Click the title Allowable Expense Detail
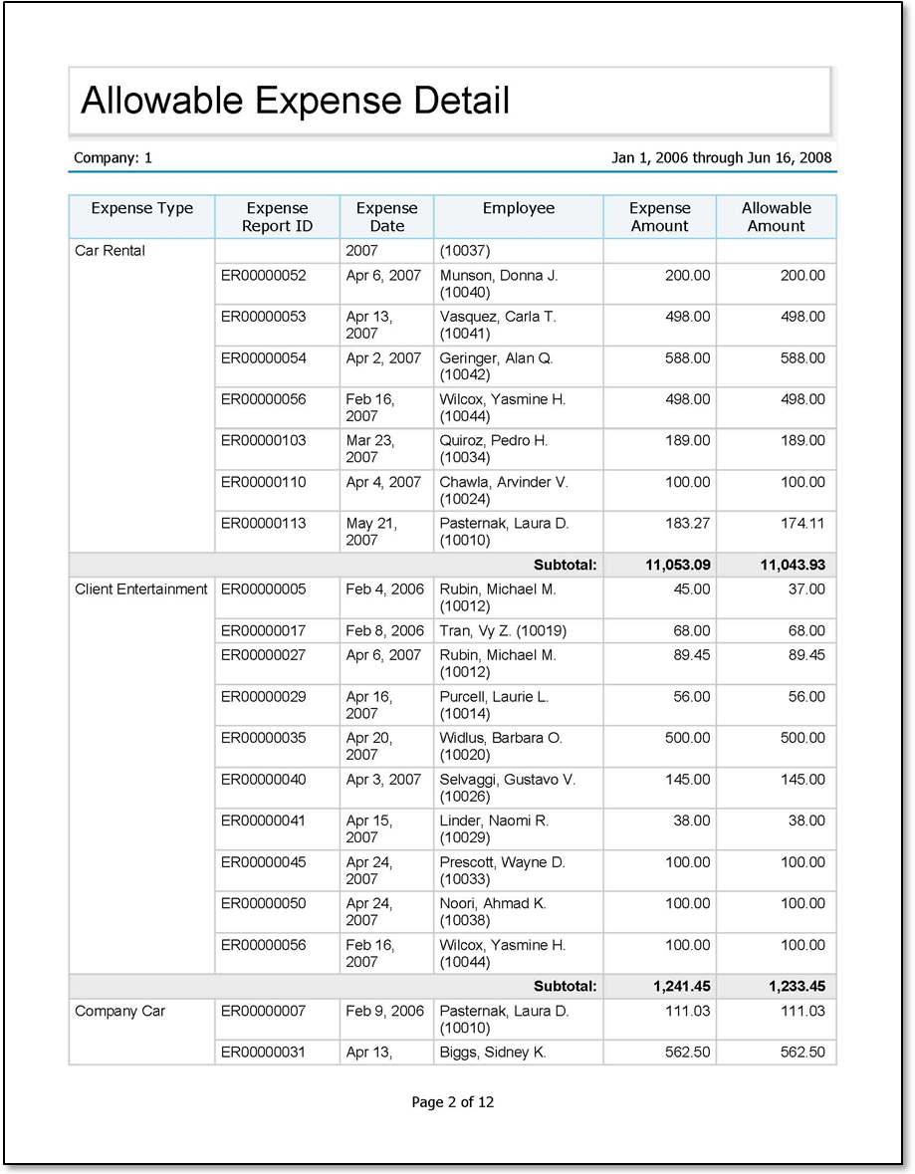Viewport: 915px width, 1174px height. pyautogui.click(x=295, y=101)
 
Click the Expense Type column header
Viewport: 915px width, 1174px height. pyautogui.click(x=141, y=208)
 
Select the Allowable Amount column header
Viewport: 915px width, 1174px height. pyautogui.click(x=776, y=217)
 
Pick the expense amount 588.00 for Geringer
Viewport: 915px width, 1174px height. pyautogui.click(x=687, y=358)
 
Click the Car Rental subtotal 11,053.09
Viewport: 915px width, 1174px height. pyautogui.click(x=677, y=566)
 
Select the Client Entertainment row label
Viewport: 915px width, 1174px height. pyautogui.click(x=140, y=589)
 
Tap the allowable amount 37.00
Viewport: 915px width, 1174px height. pyautogui.click(x=807, y=589)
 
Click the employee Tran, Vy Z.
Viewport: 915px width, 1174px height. pyautogui.click(x=502, y=631)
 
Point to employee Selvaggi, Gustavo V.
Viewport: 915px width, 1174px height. pyautogui.click(x=507, y=780)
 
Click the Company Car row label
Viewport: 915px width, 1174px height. pyautogui.click(x=121, y=1012)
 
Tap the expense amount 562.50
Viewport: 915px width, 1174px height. pyautogui.click(x=687, y=1053)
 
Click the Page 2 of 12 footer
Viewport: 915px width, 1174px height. pyautogui.click(x=452, y=1102)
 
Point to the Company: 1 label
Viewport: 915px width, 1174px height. pyautogui.click(x=113, y=158)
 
